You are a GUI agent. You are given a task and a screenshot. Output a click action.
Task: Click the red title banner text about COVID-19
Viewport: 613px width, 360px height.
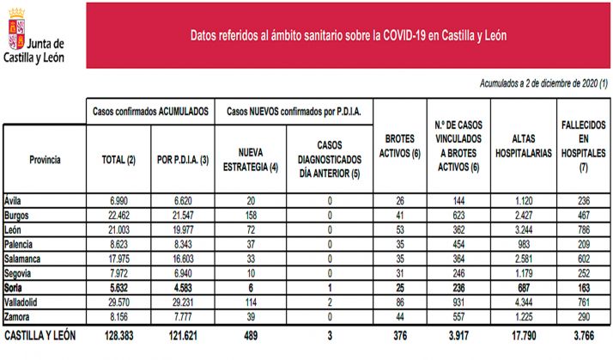pyautogui.click(x=348, y=36)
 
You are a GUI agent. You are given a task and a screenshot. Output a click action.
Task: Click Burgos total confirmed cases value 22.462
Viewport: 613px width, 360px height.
pyautogui.click(x=119, y=213)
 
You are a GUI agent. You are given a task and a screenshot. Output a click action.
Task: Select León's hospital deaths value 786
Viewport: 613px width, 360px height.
pyautogui.click(x=583, y=230)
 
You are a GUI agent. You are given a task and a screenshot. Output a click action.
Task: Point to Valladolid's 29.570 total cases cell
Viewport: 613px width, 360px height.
pyautogui.click(x=119, y=303)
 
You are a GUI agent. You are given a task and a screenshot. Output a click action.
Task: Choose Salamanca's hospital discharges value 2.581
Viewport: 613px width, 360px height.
pyautogui.click(x=522, y=259)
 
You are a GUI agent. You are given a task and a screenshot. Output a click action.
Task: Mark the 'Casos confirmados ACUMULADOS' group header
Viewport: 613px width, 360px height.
pyautogui.click(x=150, y=112)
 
